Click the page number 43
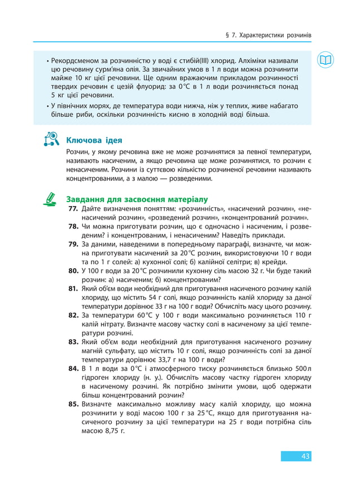305,456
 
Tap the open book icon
326,60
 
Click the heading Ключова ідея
94,140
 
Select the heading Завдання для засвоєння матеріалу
137,199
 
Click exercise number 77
73,209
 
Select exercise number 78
73,226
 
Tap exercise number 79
73,244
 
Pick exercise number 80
73,270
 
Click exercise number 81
73,288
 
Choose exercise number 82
73,314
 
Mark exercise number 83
73,341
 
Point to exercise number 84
73,368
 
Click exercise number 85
73,404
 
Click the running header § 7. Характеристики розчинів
267,35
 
